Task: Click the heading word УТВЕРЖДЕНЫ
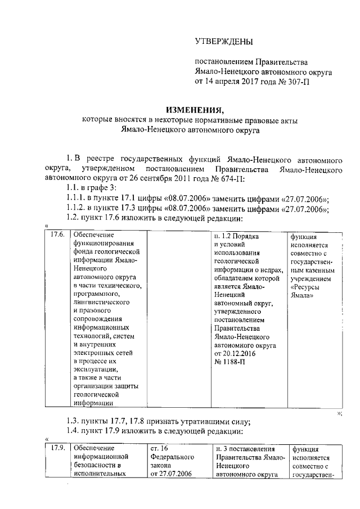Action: pyautogui.click(x=223, y=41)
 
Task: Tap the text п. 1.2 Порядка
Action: pyautogui.click(x=240, y=235)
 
